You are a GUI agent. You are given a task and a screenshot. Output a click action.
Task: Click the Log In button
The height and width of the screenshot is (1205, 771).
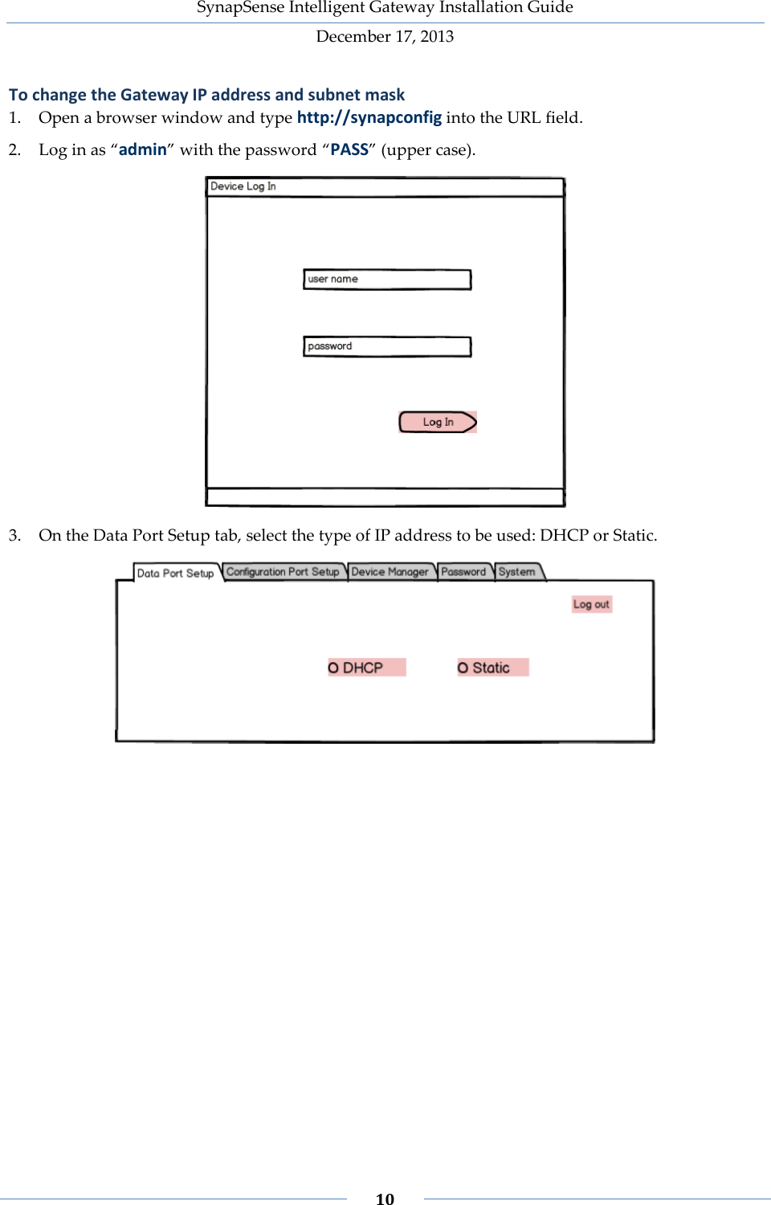[438, 422]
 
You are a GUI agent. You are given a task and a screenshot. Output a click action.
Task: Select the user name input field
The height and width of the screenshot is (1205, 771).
[387, 280]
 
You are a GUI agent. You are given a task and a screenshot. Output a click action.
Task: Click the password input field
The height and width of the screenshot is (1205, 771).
[387, 346]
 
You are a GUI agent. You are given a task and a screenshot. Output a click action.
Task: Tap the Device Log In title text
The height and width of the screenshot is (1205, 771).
[243, 186]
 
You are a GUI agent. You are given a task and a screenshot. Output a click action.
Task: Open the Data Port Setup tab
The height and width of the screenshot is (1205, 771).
[175, 573]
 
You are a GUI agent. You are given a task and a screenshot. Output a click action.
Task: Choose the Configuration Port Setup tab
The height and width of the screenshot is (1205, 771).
[283, 572]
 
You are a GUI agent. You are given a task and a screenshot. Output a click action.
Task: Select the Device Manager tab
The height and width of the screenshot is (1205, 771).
[390, 572]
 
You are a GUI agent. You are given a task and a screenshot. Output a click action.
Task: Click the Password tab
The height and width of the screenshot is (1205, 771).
[463, 572]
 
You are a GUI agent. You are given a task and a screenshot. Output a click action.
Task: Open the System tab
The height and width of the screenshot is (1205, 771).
[516, 572]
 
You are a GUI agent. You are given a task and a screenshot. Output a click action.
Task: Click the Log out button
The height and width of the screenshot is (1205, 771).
[591, 604]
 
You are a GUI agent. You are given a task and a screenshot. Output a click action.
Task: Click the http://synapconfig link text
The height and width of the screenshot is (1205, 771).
[369, 117]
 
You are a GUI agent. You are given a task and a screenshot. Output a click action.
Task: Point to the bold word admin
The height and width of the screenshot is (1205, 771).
[143, 149]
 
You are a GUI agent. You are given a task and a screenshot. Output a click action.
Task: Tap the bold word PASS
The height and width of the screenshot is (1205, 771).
[349, 149]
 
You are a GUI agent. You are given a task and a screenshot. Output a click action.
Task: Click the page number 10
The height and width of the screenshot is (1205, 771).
[385, 1199]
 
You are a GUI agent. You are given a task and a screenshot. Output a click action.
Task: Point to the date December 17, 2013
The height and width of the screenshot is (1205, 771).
[385, 36]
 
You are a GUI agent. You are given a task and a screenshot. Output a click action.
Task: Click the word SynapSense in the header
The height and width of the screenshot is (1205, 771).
[230, 7]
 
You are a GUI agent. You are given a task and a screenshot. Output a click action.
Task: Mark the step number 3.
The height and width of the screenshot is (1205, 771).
[14, 535]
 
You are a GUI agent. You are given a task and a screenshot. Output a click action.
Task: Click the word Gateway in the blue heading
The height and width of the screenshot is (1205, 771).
[154, 95]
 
